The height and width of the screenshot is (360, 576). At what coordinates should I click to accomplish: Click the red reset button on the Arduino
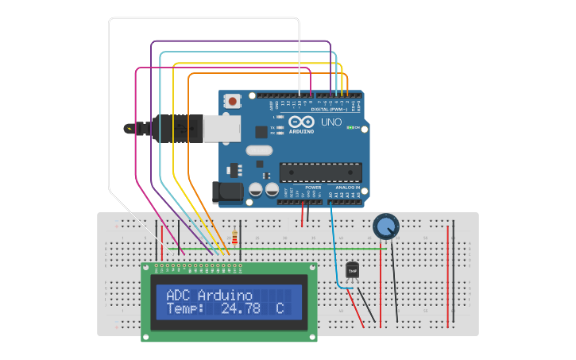click(233, 101)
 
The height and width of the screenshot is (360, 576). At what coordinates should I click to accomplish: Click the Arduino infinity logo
click(301, 122)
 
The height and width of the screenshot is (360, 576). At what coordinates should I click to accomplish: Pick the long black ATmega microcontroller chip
click(319, 172)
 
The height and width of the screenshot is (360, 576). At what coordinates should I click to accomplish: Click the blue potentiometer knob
click(386, 227)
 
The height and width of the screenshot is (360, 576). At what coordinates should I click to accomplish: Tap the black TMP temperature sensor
click(353, 271)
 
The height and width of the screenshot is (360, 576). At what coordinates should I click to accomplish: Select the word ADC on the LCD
click(179, 295)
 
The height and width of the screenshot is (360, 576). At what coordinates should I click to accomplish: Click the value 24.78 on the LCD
click(240, 308)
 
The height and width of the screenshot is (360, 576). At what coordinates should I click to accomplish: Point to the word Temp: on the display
click(185, 308)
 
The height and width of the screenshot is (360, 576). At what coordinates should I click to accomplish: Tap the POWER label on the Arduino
click(303, 188)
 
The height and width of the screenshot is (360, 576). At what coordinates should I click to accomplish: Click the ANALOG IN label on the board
click(346, 188)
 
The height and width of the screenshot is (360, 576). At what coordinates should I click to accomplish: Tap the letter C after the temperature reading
click(280, 308)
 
